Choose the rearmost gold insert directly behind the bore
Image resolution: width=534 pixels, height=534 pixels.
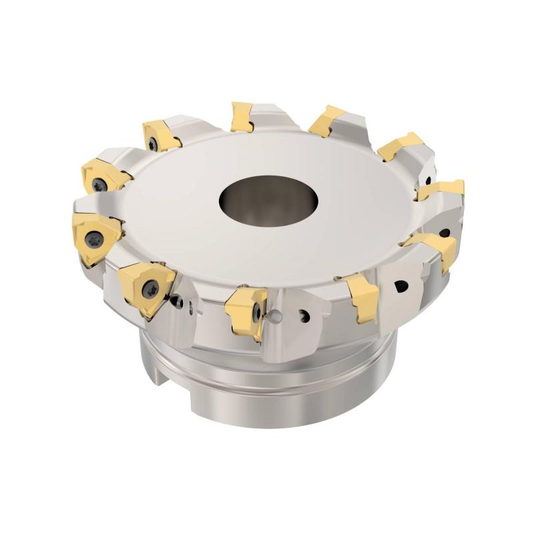242,117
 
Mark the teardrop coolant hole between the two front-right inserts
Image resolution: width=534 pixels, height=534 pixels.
400,286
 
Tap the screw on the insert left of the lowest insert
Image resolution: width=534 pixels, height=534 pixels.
152,289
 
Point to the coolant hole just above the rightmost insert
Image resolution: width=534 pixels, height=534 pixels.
427,180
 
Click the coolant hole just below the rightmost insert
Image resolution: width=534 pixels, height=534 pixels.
444,233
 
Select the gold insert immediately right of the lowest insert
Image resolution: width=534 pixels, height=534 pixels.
362,297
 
